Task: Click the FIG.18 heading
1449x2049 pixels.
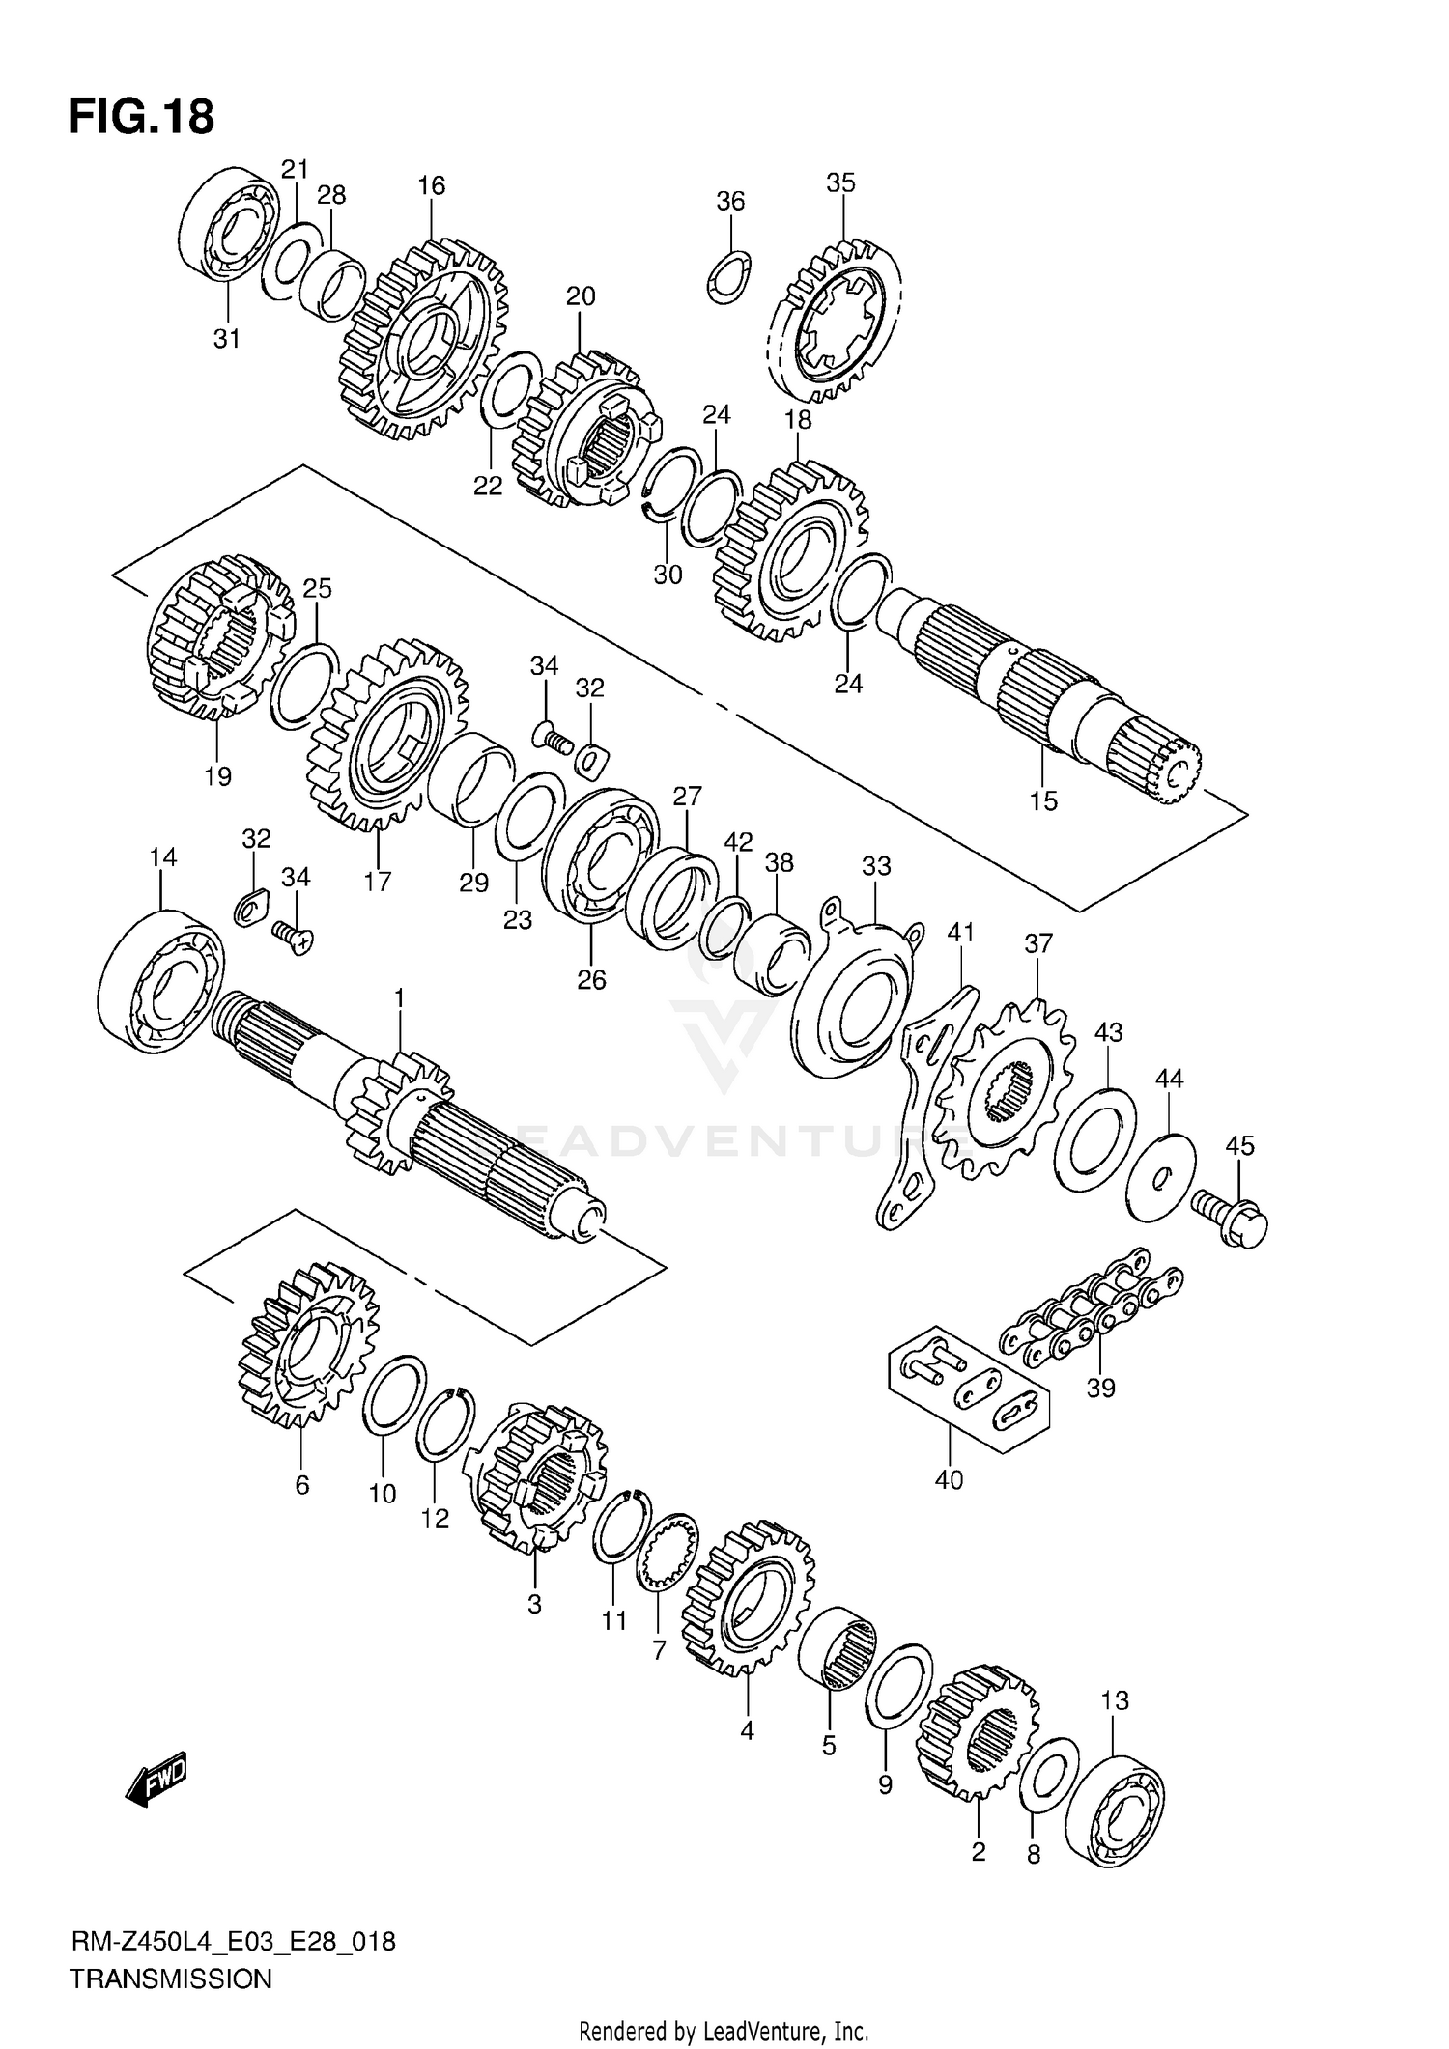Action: [x=141, y=118]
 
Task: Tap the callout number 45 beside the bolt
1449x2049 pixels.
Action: [x=1239, y=1145]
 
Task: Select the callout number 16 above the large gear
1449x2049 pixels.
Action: [x=431, y=185]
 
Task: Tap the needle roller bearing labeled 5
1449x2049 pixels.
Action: [x=838, y=1650]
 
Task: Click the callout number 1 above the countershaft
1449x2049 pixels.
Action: [x=399, y=996]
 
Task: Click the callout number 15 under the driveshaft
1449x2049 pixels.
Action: [x=1043, y=800]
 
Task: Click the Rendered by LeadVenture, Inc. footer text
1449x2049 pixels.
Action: [x=724, y=2031]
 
